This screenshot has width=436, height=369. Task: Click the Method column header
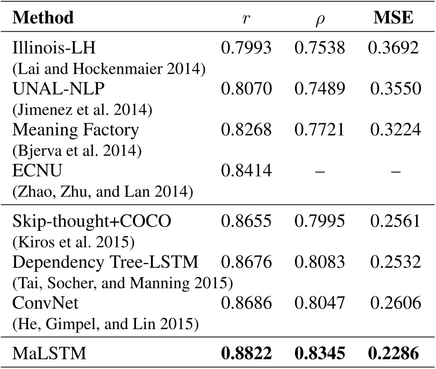42,18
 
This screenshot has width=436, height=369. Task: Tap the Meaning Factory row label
75,130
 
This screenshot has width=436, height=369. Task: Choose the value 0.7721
320,130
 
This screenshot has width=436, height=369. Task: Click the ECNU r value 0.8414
246,171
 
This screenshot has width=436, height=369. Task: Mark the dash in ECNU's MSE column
394,172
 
